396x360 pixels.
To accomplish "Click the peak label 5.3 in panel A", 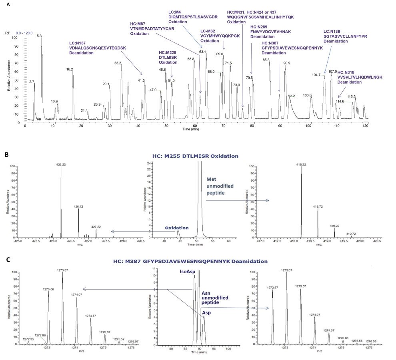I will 39,36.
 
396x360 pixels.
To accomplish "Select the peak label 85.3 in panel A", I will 266,60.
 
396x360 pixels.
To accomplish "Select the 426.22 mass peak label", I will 61,164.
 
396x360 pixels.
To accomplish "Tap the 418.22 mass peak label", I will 301,164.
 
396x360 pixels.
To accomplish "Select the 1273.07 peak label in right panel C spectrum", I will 287,270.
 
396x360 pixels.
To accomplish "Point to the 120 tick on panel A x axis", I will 365,125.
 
